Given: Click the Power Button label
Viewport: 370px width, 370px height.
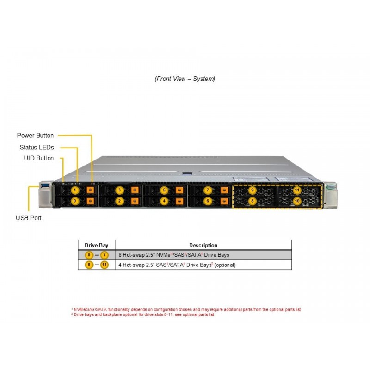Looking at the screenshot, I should point(35,136).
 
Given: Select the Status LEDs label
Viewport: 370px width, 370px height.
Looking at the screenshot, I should point(37,148).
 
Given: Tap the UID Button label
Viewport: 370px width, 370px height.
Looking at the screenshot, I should point(39,158).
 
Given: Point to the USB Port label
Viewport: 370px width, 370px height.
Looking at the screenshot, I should point(29,217).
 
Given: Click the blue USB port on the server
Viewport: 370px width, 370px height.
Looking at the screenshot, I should point(45,186).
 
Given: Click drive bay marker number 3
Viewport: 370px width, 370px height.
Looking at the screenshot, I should point(120,190).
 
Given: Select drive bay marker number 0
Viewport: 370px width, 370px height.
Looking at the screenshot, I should point(75,201).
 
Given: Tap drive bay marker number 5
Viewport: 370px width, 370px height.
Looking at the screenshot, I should point(164,190).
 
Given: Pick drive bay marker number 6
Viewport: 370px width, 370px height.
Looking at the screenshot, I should point(208,201).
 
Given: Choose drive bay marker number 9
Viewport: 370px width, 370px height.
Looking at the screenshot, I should point(252,190).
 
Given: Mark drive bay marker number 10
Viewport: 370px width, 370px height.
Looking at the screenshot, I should point(297,201).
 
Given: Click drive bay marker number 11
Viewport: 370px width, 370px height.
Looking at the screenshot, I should point(297,190).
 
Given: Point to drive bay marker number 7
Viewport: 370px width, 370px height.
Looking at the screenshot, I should point(208,190).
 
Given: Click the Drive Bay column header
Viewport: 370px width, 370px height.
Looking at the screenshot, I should point(96,245).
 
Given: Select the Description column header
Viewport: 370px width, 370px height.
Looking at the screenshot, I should point(203,245).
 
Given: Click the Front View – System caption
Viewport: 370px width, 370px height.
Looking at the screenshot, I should point(185,79).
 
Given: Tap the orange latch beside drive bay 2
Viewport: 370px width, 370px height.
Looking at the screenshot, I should point(135,201).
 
